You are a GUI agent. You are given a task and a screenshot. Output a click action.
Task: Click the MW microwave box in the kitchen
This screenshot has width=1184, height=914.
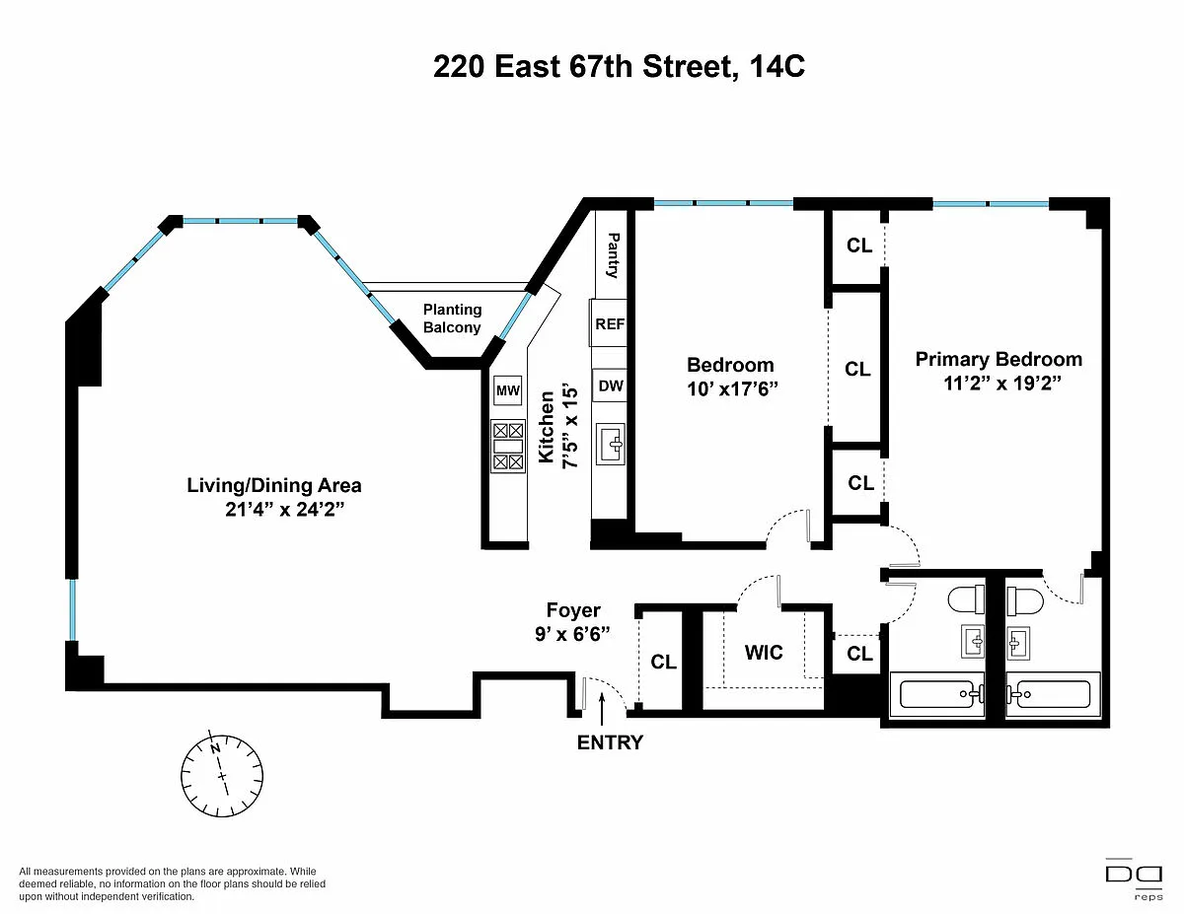click(x=507, y=389)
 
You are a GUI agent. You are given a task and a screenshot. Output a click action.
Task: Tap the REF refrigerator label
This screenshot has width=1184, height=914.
click(x=610, y=324)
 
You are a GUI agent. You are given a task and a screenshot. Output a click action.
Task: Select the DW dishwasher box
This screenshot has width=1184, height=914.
click(x=610, y=386)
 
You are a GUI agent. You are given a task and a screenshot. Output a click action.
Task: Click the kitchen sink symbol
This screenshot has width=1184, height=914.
click(x=610, y=445)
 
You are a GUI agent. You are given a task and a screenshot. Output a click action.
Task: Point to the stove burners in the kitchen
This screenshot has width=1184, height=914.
click(x=508, y=446)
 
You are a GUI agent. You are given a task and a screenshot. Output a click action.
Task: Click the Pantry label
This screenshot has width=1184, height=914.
click(x=613, y=255)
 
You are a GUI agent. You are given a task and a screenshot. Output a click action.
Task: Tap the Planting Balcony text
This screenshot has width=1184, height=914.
click(x=452, y=318)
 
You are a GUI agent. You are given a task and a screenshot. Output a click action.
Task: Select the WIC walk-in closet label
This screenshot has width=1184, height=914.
click(x=764, y=652)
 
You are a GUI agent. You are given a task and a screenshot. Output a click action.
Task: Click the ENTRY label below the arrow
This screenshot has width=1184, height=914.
click(x=610, y=742)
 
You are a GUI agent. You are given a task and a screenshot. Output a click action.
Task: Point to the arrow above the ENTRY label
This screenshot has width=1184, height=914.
click(x=602, y=709)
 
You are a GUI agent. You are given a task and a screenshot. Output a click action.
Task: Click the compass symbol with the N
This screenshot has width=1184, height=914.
click(x=222, y=775)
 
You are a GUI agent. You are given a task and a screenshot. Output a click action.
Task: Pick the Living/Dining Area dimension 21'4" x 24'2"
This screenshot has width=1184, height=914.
click(x=285, y=510)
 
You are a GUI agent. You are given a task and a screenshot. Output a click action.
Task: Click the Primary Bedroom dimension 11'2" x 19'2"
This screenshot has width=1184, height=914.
click(x=1002, y=384)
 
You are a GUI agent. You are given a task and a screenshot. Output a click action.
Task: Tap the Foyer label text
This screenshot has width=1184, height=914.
click(x=573, y=610)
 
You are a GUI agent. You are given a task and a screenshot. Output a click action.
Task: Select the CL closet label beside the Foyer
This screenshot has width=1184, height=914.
click(x=663, y=662)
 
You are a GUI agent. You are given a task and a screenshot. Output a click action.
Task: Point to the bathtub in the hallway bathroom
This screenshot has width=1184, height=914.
click(x=937, y=694)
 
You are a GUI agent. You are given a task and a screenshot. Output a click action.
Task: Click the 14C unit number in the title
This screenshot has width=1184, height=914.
click(x=777, y=67)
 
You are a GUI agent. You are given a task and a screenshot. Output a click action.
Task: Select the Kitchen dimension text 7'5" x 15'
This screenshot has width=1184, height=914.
click(x=570, y=427)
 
